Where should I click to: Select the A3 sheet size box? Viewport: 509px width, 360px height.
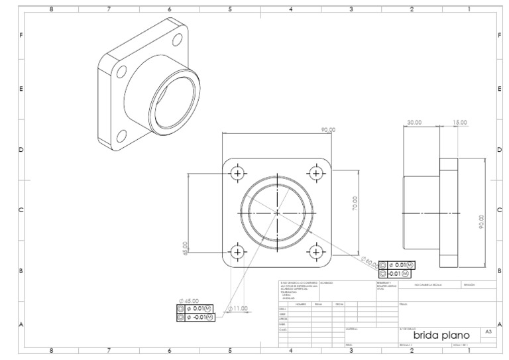coord(488,331)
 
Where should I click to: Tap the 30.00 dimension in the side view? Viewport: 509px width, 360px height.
coord(414,123)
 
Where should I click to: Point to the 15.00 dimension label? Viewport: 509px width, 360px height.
coord(459,123)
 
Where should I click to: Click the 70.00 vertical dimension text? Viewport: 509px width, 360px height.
coord(355,203)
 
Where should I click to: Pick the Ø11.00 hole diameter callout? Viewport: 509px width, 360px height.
coord(237,308)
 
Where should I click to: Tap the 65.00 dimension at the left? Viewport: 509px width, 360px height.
coord(186,247)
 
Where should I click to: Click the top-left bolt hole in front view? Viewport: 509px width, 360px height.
coord(237,174)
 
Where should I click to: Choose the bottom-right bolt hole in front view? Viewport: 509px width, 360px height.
coord(315,252)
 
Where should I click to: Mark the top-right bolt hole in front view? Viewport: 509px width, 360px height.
coord(315,174)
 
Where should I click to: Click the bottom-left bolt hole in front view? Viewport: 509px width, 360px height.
coord(237,252)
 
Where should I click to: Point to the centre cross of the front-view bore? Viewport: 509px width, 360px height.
coord(276,213)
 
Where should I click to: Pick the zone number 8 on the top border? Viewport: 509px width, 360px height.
coord(52,9)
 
